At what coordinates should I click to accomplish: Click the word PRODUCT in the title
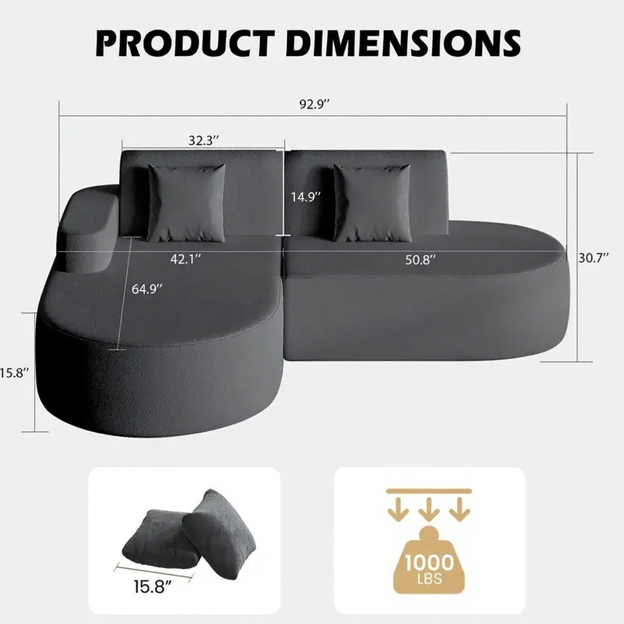185,43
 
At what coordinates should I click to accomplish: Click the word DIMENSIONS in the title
403,43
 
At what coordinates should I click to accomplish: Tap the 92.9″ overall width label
315,104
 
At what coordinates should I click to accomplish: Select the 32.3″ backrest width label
204,141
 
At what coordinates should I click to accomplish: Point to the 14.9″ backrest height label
306,197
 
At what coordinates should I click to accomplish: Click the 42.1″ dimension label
185,259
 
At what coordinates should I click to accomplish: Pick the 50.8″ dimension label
420,260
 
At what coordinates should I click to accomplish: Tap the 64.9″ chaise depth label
147,289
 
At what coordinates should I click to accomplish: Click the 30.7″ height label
594,258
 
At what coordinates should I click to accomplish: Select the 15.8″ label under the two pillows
152,587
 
